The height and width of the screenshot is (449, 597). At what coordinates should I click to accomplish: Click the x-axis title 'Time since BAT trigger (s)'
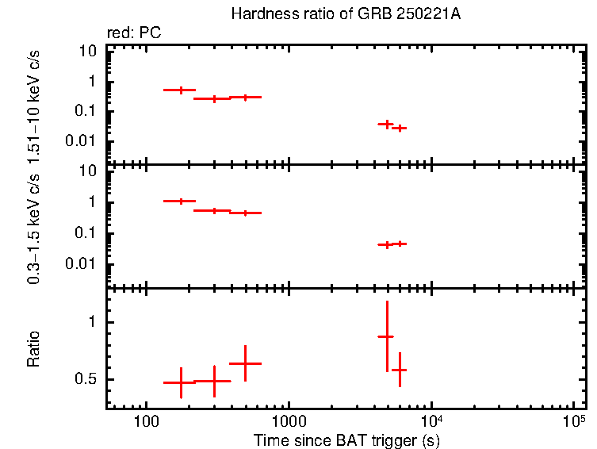(x=346, y=439)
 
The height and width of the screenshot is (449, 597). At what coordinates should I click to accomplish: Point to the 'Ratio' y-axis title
(x=34, y=349)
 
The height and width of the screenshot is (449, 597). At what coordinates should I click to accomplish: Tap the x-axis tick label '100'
(x=145, y=420)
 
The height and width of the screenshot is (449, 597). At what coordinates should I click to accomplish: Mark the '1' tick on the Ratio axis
(x=93, y=322)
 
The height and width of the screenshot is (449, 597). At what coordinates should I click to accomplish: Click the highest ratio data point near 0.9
(x=386, y=337)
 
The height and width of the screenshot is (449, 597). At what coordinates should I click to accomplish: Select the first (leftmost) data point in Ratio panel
(x=181, y=382)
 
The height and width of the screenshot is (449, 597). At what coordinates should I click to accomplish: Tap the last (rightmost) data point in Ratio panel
(x=400, y=370)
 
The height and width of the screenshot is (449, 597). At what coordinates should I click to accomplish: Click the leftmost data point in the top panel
(x=181, y=90)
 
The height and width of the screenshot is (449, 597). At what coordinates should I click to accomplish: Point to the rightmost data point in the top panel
(x=401, y=128)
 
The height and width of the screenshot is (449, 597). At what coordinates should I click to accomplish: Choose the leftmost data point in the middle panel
(x=181, y=201)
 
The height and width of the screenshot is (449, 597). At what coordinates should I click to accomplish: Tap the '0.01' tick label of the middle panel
(x=82, y=264)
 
